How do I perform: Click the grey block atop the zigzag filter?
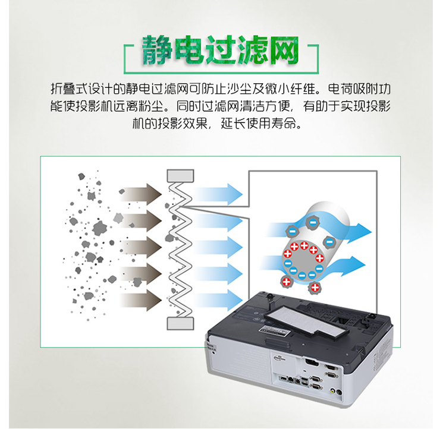(181, 175)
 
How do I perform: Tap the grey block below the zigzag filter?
(181, 323)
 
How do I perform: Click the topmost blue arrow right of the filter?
(220, 193)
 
